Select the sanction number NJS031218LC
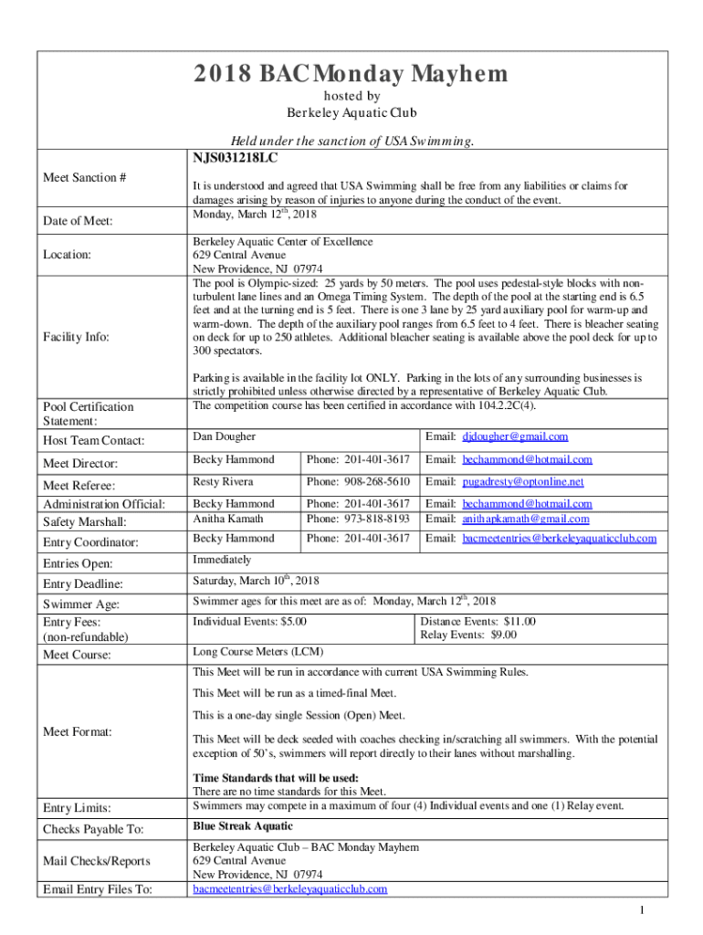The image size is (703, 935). click(x=235, y=158)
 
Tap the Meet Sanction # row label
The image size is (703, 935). click(x=84, y=177)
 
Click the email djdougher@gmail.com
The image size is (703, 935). click(x=515, y=436)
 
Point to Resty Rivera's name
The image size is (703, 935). click(x=223, y=481)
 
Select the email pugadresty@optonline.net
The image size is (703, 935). click(x=522, y=482)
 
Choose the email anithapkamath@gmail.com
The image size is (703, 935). click(x=526, y=520)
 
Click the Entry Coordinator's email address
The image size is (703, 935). click(x=559, y=539)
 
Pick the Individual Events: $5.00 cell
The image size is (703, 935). click(x=249, y=622)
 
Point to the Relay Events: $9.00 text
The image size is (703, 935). click(x=468, y=635)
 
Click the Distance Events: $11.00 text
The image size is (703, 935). click(x=477, y=622)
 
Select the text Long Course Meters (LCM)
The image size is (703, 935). click(x=257, y=651)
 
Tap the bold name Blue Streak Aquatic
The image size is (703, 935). click(x=242, y=825)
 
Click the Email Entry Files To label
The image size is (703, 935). click(x=98, y=889)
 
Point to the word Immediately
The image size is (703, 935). click(x=222, y=560)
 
